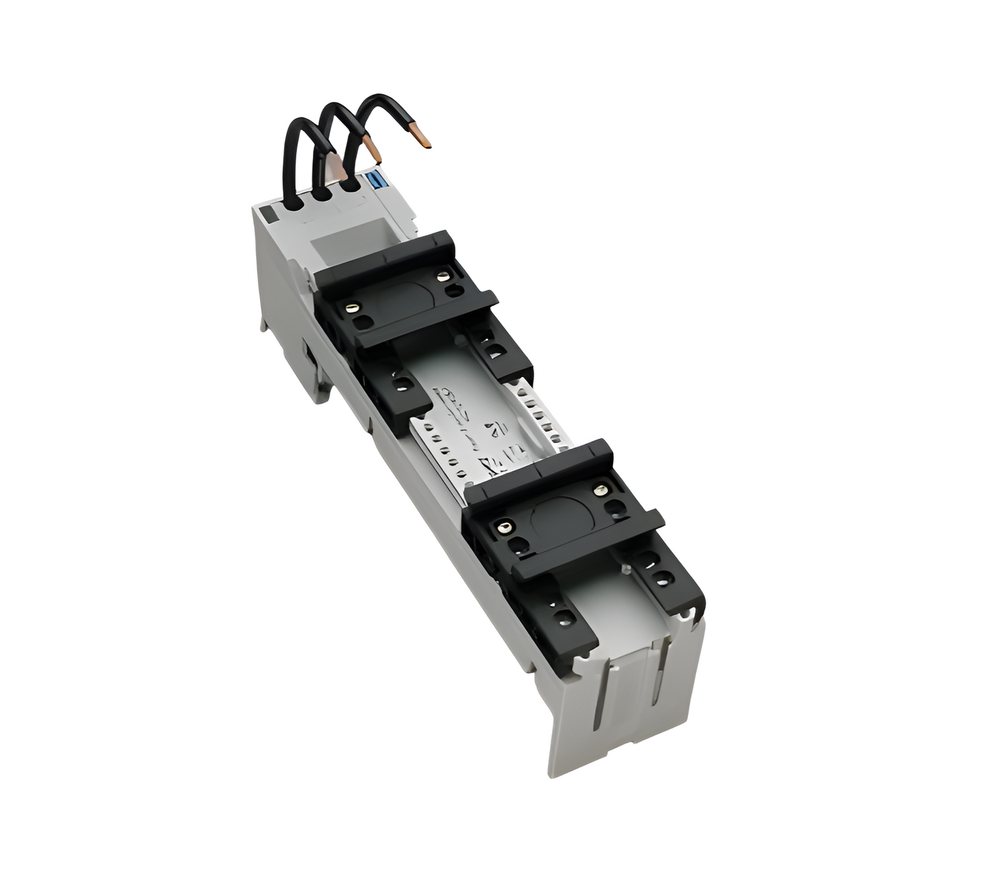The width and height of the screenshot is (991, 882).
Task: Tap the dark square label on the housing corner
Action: coord(269,214)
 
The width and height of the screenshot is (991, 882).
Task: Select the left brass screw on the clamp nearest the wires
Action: coord(354,306)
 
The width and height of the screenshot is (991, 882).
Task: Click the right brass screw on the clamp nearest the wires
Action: coord(443,276)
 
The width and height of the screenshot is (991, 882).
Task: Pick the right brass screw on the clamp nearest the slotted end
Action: coord(601,490)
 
